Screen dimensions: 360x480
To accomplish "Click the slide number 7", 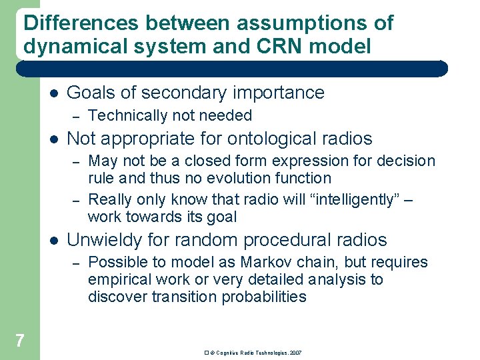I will pos(19,341).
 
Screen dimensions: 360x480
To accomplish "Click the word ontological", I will pos(273,139).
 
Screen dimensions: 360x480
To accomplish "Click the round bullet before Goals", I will pos(53,93).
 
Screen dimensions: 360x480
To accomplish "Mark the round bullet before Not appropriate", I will pos(53,139).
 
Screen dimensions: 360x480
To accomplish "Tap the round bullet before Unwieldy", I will pos(53,240).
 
